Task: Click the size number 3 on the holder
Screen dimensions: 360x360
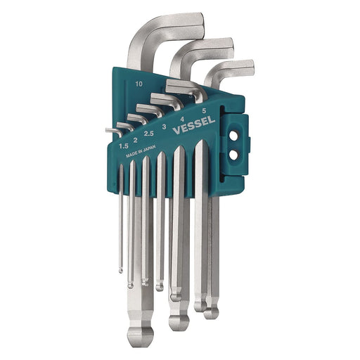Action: point(165,127)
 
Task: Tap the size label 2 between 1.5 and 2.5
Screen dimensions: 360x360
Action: point(135,140)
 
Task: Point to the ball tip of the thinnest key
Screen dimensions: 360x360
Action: point(120,268)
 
